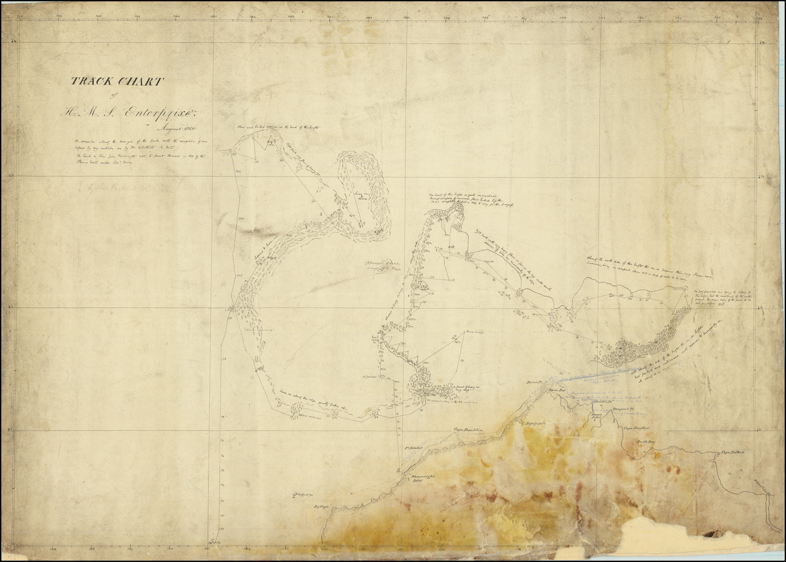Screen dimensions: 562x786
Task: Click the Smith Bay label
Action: pyautogui.click(x=646, y=442)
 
